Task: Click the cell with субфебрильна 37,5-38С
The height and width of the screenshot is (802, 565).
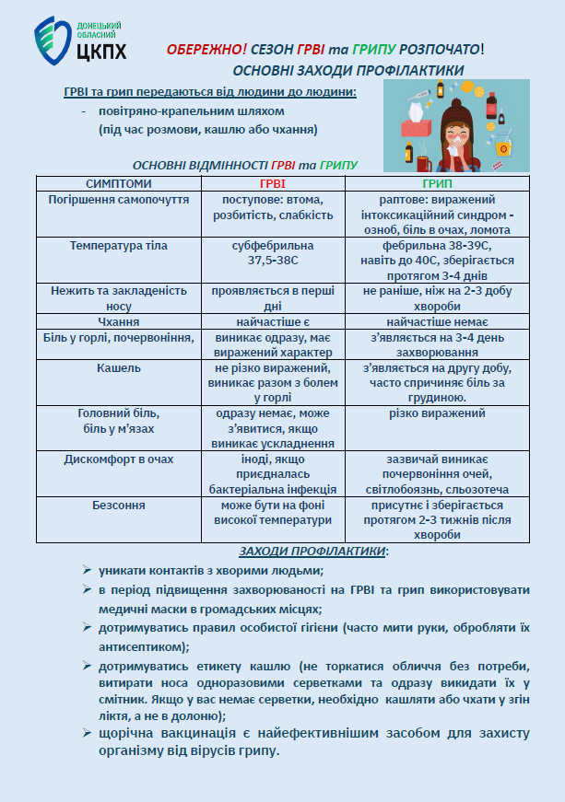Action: [272, 253]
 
